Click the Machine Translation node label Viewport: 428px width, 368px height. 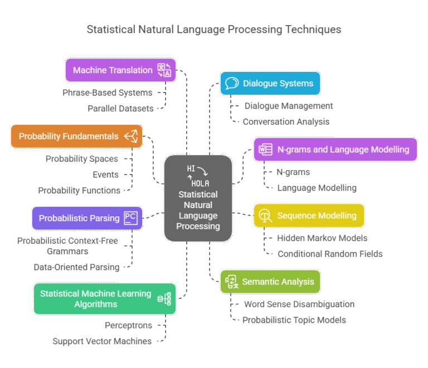113,70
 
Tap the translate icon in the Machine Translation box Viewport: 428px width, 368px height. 164,70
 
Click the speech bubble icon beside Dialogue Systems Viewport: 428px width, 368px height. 231,84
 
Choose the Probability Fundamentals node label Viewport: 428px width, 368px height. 69,136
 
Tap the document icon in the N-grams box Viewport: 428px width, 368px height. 265,149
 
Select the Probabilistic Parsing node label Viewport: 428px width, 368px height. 79,218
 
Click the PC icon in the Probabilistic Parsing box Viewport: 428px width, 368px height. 130,218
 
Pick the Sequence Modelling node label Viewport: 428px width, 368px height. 317,216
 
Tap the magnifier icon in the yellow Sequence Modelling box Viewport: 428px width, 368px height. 265,216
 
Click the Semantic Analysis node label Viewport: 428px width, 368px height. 278,282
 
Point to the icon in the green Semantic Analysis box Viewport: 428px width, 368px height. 231,282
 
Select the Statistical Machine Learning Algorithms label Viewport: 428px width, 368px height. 95,299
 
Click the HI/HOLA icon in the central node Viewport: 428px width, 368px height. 198,175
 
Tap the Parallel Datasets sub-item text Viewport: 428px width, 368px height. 120,108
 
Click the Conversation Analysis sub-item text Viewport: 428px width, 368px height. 286,122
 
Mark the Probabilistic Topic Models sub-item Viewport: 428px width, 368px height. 294,320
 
